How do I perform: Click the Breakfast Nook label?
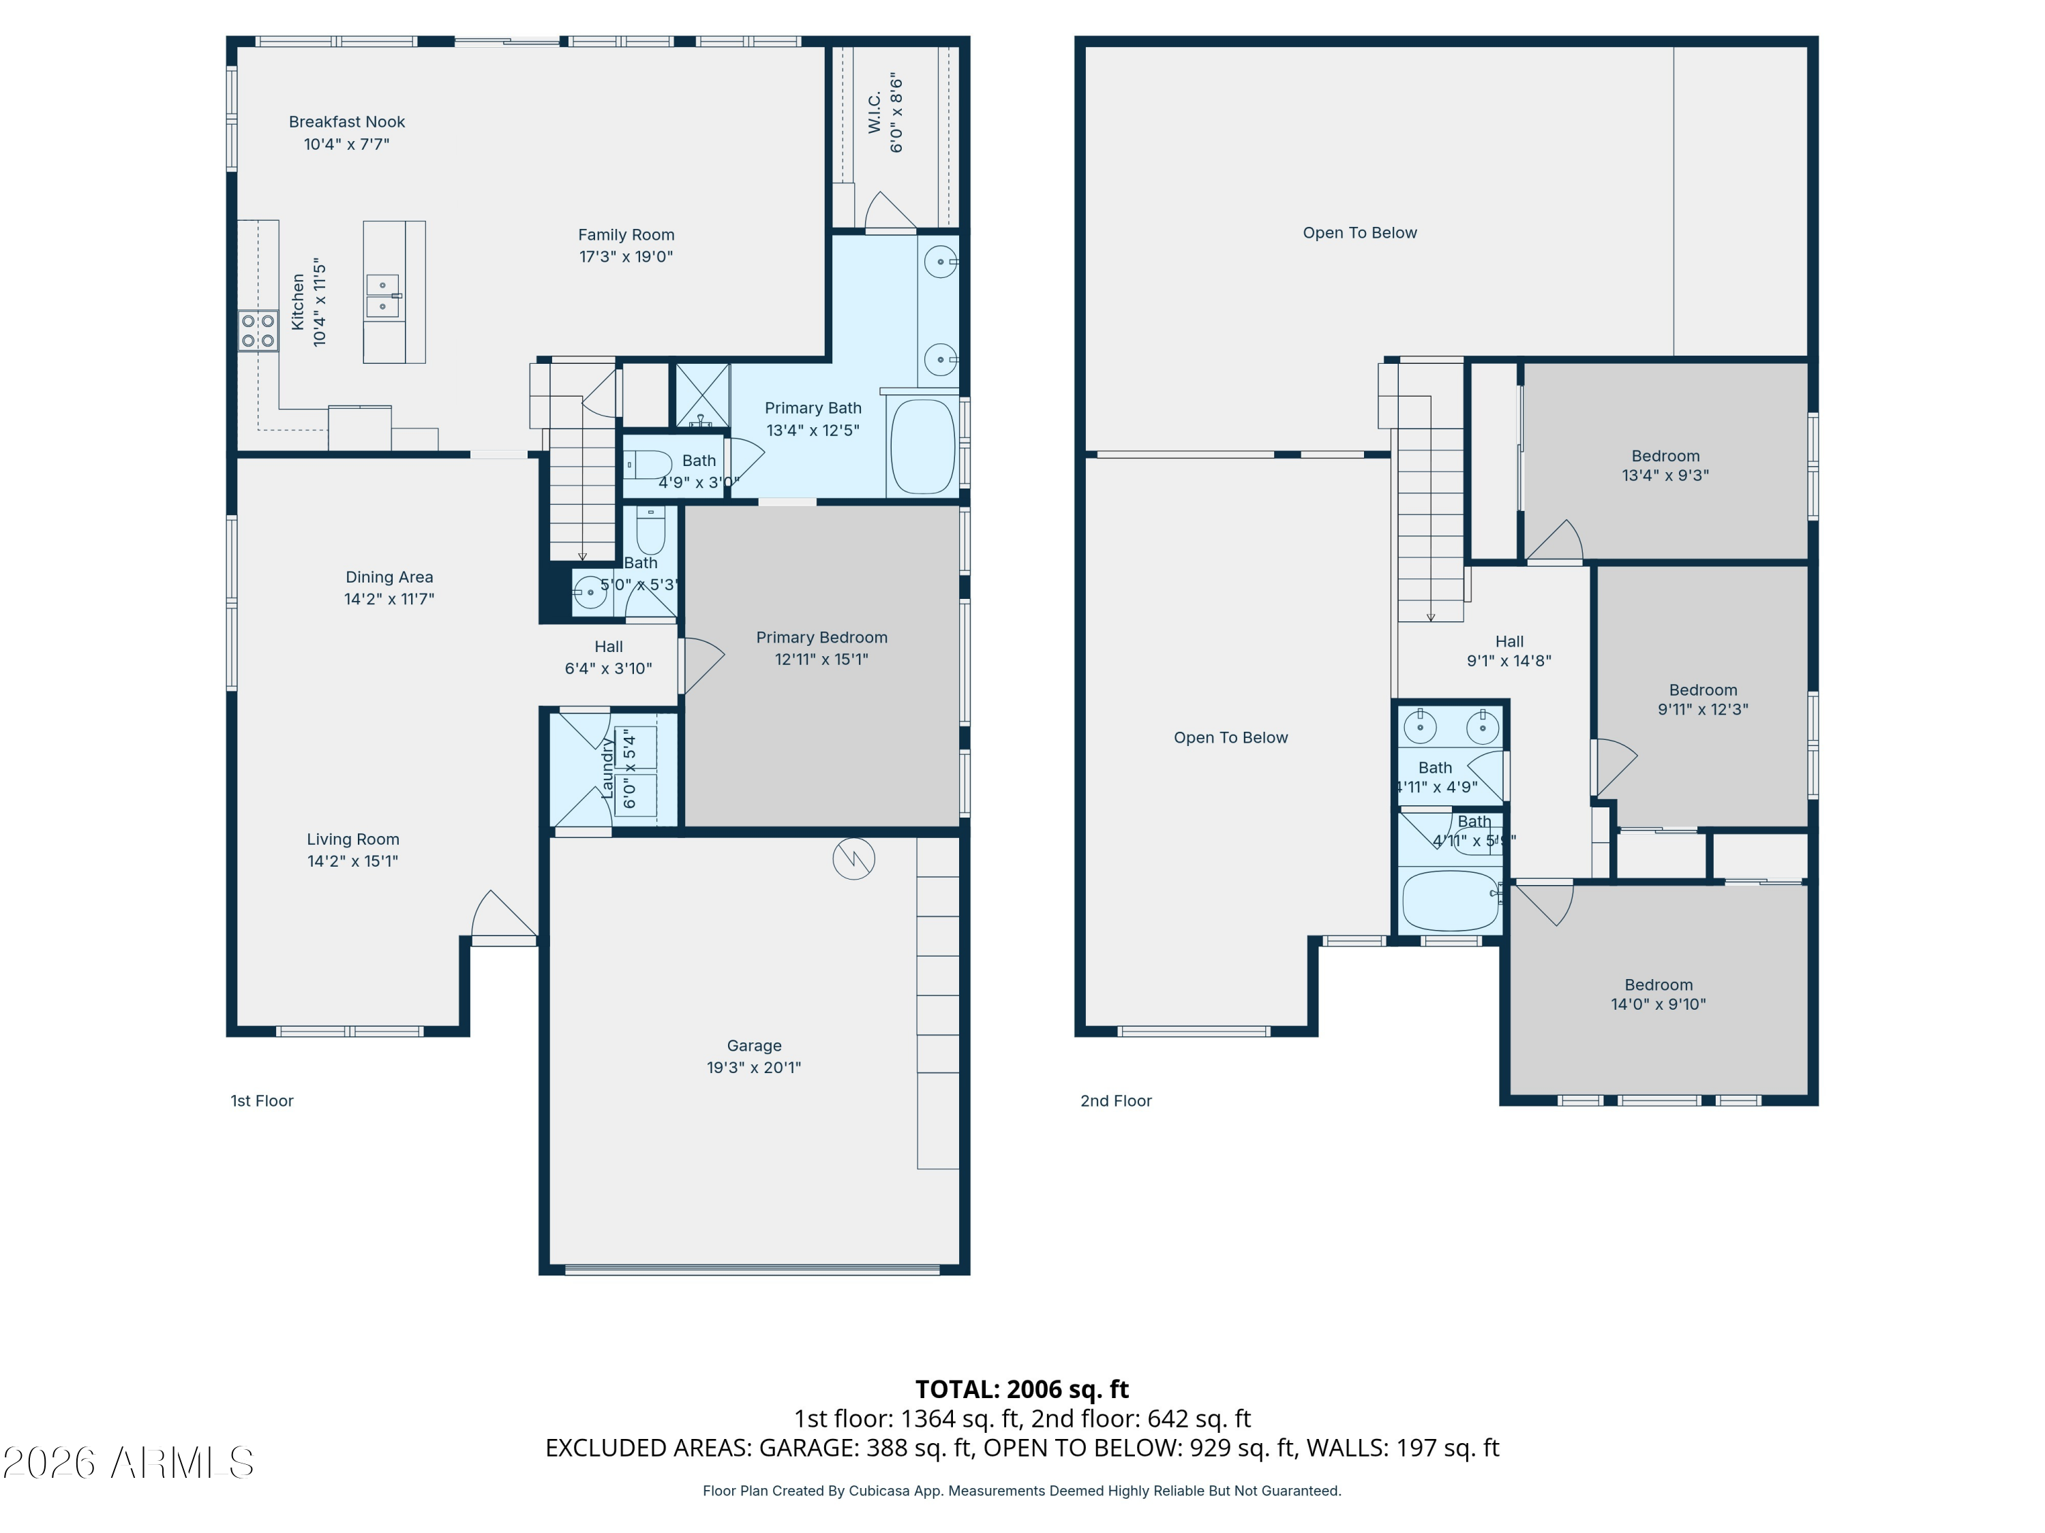(x=347, y=122)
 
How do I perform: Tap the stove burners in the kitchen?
(x=258, y=331)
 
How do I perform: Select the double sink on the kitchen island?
(x=382, y=296)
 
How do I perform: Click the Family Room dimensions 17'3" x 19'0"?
(x=626, y=257)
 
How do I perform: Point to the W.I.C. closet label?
(x=875, y=112)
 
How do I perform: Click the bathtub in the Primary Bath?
(x=923, y=446)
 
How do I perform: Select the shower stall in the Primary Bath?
(x=703, y=395)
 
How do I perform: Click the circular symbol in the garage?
(x=853, y=859)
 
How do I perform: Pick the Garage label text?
(x=753, y=1046)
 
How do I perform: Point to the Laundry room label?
(x=607, y=769)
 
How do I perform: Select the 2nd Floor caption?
(x=1116, y=1100)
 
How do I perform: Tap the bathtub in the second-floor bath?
(x=1450, y=901)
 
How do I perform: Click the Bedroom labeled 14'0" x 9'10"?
(x=1658, y=994)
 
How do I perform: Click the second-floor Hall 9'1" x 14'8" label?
(x=1509, y=651)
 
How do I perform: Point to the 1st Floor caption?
(x=262, y=1100)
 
